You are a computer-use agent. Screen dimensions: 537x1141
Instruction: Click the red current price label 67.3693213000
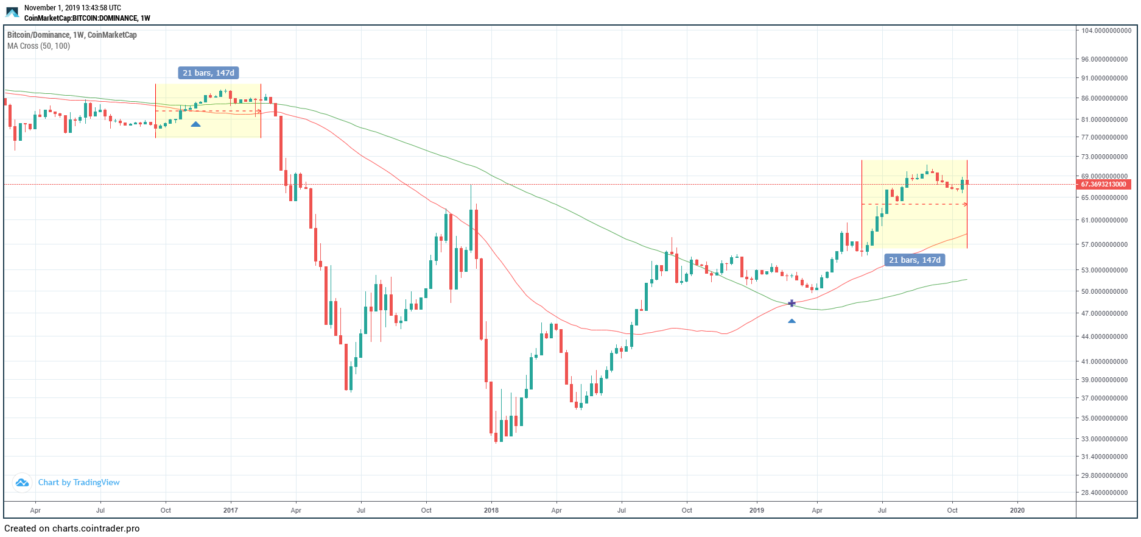(1104, 184)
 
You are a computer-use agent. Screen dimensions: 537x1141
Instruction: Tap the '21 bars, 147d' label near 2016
(208, 73)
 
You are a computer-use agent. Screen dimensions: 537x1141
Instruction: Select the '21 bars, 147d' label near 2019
(915, 260)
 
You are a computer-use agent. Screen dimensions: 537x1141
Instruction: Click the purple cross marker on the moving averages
(792, 303)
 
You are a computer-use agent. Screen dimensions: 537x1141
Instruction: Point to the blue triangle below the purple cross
(792, 321)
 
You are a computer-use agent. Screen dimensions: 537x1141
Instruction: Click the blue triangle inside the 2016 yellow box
(195, 124)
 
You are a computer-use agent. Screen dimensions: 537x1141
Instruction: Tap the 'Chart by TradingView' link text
(79, 482)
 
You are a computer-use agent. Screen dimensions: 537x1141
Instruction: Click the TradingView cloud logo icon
(22, 483)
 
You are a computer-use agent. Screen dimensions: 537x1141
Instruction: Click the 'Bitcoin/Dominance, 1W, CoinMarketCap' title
(72, 35)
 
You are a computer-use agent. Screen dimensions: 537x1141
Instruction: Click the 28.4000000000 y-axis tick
(1104, 493)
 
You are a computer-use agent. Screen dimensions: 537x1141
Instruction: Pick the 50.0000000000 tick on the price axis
(1104, 291)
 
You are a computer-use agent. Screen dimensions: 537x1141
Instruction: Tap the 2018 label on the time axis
(491, 510)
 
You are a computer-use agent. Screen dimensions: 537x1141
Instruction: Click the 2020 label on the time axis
(1017, 510)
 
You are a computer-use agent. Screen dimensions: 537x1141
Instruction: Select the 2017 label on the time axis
(230, 510)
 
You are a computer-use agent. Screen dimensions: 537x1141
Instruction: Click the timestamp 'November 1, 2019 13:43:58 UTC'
(72, 8)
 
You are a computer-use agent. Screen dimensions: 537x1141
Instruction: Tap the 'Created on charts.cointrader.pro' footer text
(72, 528)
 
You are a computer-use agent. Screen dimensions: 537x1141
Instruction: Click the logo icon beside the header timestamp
(12, 12)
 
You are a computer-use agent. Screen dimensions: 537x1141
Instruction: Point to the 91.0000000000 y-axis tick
(1104, 78)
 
